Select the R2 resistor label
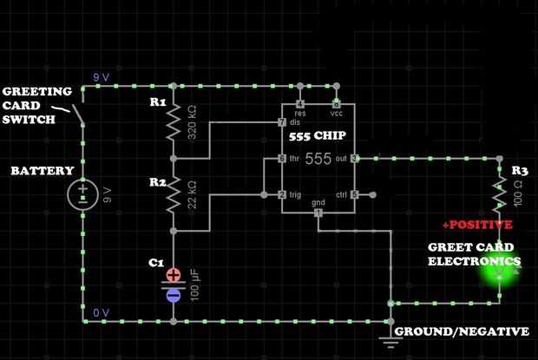(157, 182)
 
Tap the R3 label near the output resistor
(520, 171)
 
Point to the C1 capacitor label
(156, 263)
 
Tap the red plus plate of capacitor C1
(174, 275)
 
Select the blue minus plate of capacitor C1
(174, 295)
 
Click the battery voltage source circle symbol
(83, 193)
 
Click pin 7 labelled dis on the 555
(282, 122)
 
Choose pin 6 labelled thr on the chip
(282, 159)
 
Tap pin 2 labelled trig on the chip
(282, 194)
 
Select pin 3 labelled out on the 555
(355, 159)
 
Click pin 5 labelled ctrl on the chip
(355, 194)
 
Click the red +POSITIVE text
(477, 225)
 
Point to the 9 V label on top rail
(102, 77)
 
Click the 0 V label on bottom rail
(102, 312)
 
